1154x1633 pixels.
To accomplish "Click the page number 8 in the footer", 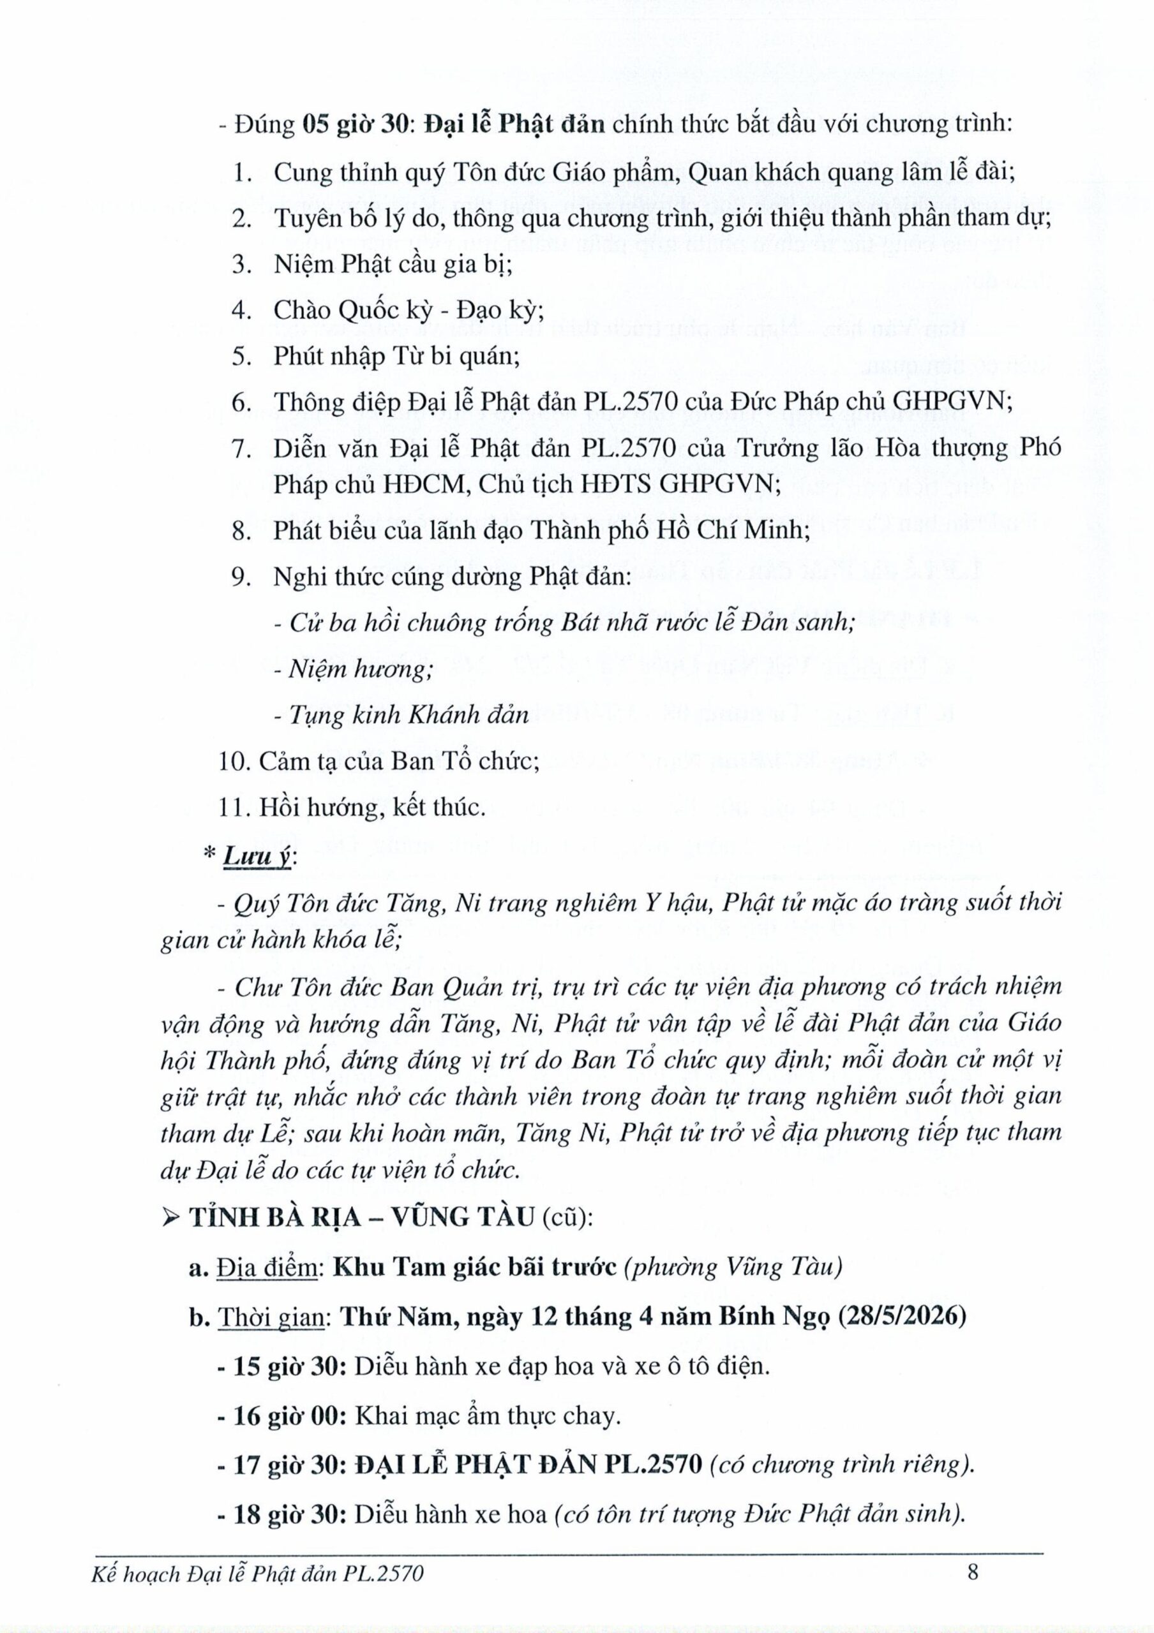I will click(x=973, y=1586).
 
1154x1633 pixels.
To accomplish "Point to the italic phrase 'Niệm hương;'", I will click(x=353, y=669).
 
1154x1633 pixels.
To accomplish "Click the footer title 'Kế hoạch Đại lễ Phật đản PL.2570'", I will click(x=258, y=1588).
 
